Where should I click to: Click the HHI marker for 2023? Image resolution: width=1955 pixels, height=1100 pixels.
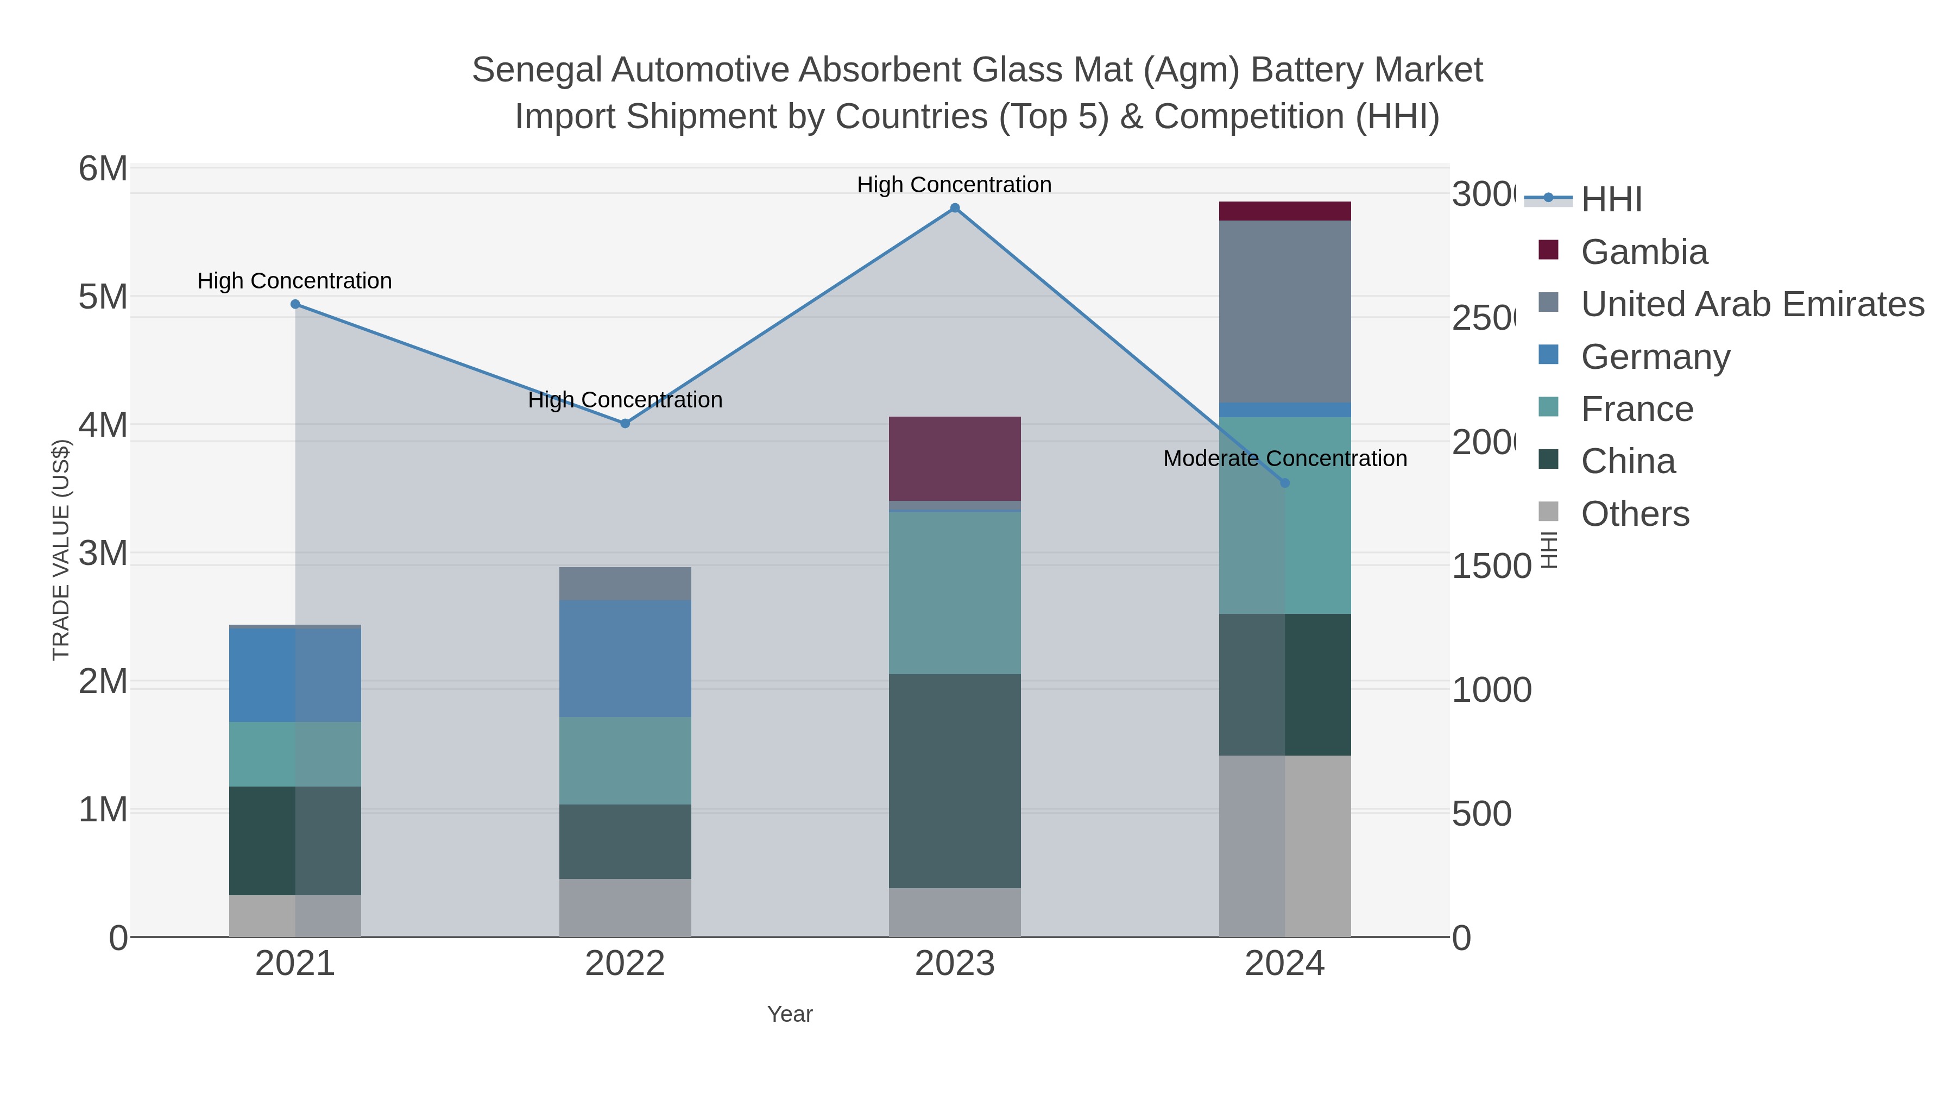(x=955, y=208)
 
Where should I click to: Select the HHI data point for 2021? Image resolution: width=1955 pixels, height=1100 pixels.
(x=295, y=304)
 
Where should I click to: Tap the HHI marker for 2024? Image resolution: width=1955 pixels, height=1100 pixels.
(x=1284, y=483)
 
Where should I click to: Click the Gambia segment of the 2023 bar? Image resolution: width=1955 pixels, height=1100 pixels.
(x=955, y=458)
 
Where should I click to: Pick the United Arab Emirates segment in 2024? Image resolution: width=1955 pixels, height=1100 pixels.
(x=1284, y=311)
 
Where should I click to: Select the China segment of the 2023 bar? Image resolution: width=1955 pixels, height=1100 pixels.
(x=955, y=781)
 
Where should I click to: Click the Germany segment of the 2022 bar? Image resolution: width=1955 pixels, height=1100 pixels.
(x=625, y=658)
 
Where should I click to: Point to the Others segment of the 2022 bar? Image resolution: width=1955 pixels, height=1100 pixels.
(x=625, y=907)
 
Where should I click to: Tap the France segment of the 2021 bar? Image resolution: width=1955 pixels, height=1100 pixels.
(x=295, y=754)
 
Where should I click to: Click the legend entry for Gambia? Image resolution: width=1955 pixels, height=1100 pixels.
(x=1644, y=252)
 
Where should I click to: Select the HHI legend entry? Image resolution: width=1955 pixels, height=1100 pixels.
(x=1611, y=200)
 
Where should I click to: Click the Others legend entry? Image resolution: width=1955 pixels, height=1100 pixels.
(x=1635, y=514)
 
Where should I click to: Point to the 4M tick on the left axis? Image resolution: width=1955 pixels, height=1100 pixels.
(x=103, y=425)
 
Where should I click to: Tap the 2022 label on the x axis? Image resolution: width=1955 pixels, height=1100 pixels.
(x=625, y=963)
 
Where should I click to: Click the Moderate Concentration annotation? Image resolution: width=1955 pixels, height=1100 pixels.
(x=1284, y=458)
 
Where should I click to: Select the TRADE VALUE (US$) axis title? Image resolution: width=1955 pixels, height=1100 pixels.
(x=61, y=550)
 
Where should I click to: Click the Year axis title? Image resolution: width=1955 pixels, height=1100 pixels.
(x=789, y=1014)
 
